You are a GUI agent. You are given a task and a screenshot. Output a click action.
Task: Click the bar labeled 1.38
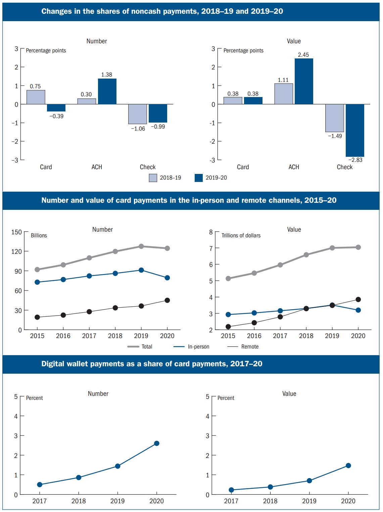107,91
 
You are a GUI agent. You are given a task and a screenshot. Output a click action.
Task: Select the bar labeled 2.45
304,81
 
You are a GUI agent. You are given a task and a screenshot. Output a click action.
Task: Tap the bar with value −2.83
355,130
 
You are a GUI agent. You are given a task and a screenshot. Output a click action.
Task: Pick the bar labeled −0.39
56,108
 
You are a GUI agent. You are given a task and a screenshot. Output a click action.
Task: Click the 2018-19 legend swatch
153,178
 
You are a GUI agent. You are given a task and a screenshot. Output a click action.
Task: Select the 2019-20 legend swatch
199,178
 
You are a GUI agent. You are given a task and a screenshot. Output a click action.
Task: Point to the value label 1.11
283,80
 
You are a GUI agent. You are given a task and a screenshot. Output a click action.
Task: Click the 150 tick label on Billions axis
16,232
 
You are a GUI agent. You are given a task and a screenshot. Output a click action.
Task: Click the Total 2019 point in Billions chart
141,246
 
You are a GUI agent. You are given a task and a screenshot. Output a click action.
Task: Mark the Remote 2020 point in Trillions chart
358,299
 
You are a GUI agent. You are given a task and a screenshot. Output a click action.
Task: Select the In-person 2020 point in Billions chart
167,278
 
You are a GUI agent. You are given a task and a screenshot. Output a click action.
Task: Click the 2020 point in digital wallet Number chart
156,443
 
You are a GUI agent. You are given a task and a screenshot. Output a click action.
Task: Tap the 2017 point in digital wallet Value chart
231,490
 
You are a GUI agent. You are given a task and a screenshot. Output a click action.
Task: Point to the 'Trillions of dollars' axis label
241,235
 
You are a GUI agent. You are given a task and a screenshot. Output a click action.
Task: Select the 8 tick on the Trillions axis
211,232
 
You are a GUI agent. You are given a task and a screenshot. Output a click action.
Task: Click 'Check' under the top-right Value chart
344,167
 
